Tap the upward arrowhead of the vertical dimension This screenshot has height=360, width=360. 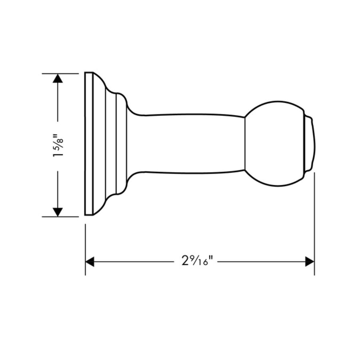tap(58, 78)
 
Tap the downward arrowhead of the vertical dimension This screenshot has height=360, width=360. tap(58, 212)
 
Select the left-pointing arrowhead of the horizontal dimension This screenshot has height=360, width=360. tap(90, 262)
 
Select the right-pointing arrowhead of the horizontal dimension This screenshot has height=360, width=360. tap(309, 262)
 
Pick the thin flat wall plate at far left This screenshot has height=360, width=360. tap(88, 144)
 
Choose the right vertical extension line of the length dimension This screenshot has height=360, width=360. tap(314, 224)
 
